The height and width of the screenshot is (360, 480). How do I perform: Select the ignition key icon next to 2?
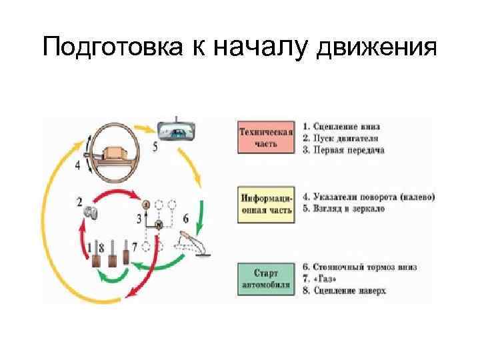click(x=91, y=213)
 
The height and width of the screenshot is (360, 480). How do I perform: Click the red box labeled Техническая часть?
click(x=266, y=137)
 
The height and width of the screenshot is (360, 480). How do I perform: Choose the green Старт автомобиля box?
click(x=266, y=279)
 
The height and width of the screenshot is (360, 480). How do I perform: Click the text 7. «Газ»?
click(x=325, y=279)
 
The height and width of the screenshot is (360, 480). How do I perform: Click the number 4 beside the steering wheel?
click(x=78, y=166)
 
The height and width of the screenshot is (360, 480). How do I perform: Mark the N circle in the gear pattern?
click(x=159, y=226)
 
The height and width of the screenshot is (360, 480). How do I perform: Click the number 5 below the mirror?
click(x=155, y=147)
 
